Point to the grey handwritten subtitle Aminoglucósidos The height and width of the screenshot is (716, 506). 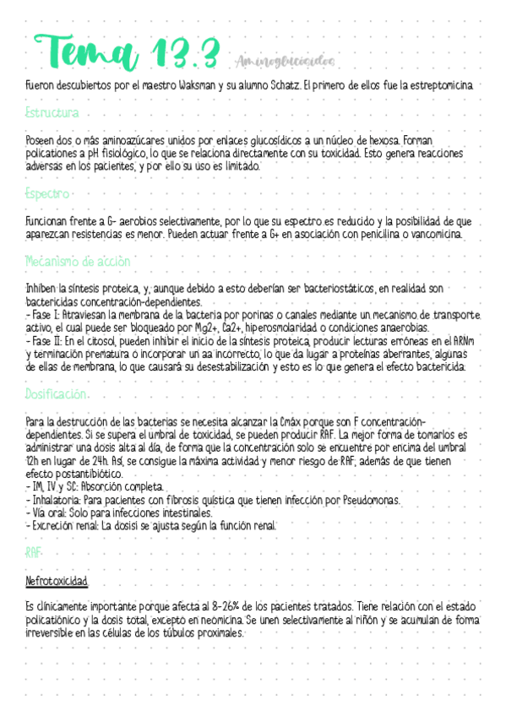(282, 62)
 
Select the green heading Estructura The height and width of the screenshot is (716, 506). (52, 112)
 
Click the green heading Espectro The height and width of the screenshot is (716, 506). (47, 193)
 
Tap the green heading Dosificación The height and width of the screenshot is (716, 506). (57, 393)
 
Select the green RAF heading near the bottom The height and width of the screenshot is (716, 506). (35, 552)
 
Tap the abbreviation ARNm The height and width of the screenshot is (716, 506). (462, 340)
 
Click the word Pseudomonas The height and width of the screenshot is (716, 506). (362, 501)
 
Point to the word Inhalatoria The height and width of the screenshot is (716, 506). (58, 501)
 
